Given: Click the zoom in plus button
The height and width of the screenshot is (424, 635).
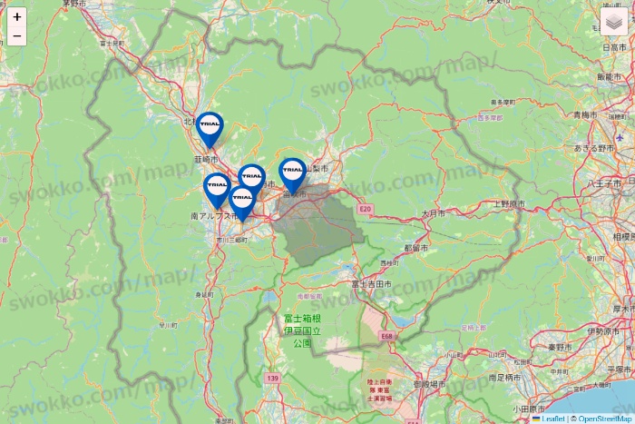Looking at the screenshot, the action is click(17, 16).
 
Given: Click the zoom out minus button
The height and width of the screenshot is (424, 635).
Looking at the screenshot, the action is click(17, 36).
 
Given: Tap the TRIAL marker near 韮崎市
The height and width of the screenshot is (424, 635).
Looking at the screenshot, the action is click(210, 128).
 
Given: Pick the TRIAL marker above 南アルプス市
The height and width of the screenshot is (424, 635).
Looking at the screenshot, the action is click(217, 189).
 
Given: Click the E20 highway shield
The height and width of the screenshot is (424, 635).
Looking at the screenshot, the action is click(366, 209).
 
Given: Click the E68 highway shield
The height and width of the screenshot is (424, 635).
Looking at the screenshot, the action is click(386, 335).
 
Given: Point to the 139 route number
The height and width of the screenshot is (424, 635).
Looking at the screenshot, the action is click(272, 377).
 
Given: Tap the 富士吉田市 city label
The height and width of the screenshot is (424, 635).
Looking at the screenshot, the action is click(371, 284).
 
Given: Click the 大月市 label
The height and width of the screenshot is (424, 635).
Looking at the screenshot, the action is click(433, 214).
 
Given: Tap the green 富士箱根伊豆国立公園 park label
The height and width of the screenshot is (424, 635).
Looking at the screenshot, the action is click(301, 331).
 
